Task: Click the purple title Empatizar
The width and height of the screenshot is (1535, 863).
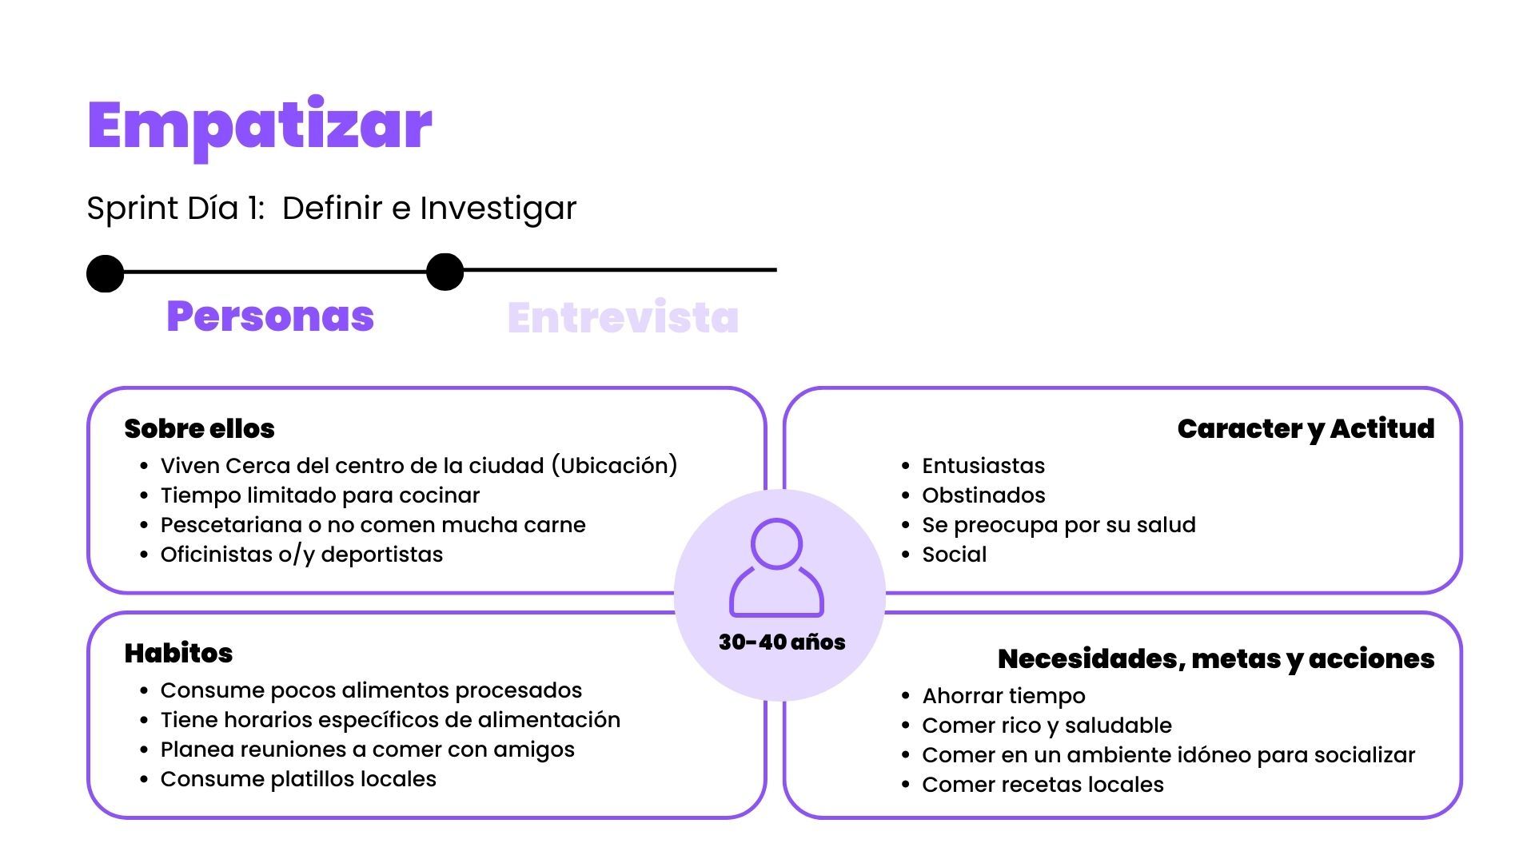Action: [x=260, y=128]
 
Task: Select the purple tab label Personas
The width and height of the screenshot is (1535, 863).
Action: [x=270, y=316]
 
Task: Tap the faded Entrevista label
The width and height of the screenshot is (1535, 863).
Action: [x=623, y=317]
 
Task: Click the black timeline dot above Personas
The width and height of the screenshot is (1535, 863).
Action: [x=106, y=273]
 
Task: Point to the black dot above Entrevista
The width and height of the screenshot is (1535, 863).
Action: [x=445, y=272]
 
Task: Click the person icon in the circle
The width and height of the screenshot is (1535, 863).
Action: [x=776, y=567]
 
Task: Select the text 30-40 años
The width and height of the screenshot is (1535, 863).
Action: [x=782, y=642]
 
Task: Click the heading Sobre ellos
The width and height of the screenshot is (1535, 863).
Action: [x=199, y=428]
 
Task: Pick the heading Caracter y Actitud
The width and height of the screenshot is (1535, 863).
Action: [x=1306, y=429]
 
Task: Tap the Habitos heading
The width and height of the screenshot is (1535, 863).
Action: [x=178, y=653]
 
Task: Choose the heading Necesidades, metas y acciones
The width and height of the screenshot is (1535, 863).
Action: [x=1216, y=659]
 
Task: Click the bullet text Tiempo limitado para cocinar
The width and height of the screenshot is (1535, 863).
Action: [x=320, y=495]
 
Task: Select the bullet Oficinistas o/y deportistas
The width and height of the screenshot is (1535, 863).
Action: [x=301, y=555]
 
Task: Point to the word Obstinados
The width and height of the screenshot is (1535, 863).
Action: [x=983, y=495]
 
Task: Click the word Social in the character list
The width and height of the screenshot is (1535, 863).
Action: [x=955, y=555]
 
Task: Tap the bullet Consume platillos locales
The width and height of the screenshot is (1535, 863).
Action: [x=298, y=779]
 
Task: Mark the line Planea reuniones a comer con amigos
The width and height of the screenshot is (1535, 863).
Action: [x=368, y=750]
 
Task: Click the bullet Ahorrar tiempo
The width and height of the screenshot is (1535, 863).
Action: [x=1004, y=696]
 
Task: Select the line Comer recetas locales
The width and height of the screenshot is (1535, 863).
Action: [x=1043, y=785]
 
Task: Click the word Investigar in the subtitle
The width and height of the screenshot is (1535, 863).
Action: [x=498, y=209]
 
